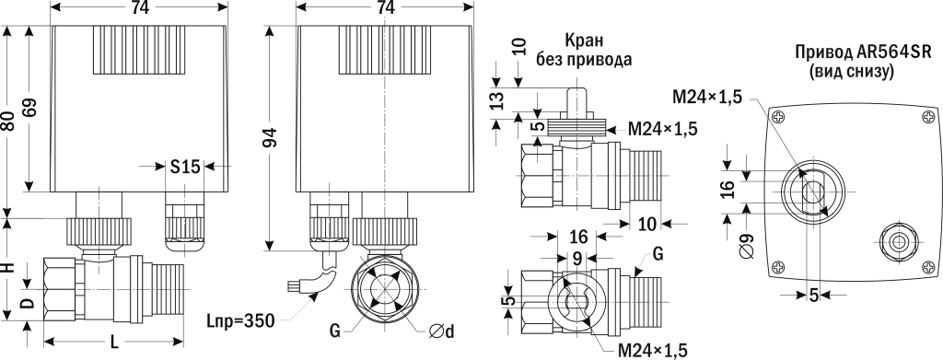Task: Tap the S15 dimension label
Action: [184, 167]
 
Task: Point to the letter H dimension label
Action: [8, 268]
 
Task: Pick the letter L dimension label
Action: [114, 342]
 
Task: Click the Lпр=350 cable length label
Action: [242, 321]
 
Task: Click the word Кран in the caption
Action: [586, 41]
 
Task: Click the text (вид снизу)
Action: [844, 71]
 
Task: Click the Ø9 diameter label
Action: [745, 248]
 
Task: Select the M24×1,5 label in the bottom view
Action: [707, 95]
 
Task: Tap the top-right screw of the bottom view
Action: [926, 115]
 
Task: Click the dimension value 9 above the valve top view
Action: [576, 259]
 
